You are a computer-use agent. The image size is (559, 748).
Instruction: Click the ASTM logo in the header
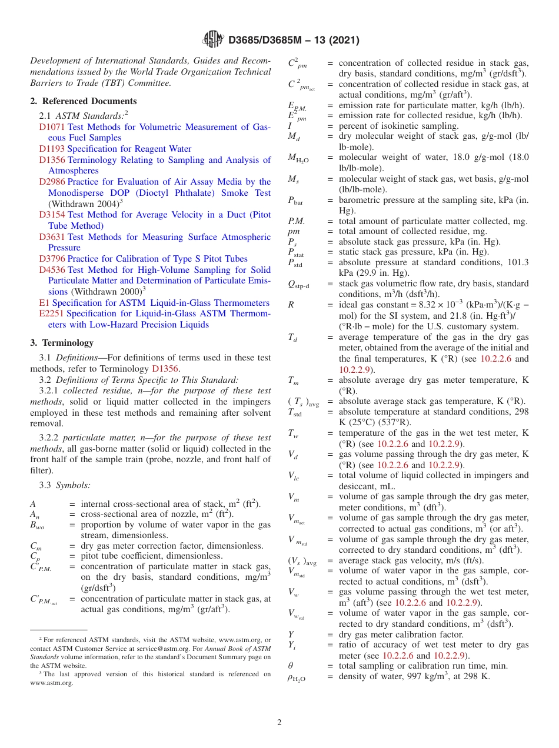(212, 40)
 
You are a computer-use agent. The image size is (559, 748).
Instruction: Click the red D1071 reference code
(52, 127)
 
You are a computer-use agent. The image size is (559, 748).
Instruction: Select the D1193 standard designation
(52, 149)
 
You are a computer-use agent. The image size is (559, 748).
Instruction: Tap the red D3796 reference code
(52, 259)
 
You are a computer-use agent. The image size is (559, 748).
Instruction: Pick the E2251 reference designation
(52, 314)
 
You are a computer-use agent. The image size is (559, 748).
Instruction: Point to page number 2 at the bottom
(279, 722)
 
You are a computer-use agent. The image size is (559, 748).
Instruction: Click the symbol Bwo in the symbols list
(36, 525)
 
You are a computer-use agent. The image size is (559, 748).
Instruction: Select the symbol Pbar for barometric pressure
(295, 201)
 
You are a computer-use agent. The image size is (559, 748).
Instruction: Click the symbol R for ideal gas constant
(291, 305)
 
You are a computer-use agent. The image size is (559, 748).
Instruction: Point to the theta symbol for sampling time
(291, 666)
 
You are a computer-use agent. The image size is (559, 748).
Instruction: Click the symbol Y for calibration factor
(291, 635)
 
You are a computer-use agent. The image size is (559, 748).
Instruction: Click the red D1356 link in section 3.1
(165, 369)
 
